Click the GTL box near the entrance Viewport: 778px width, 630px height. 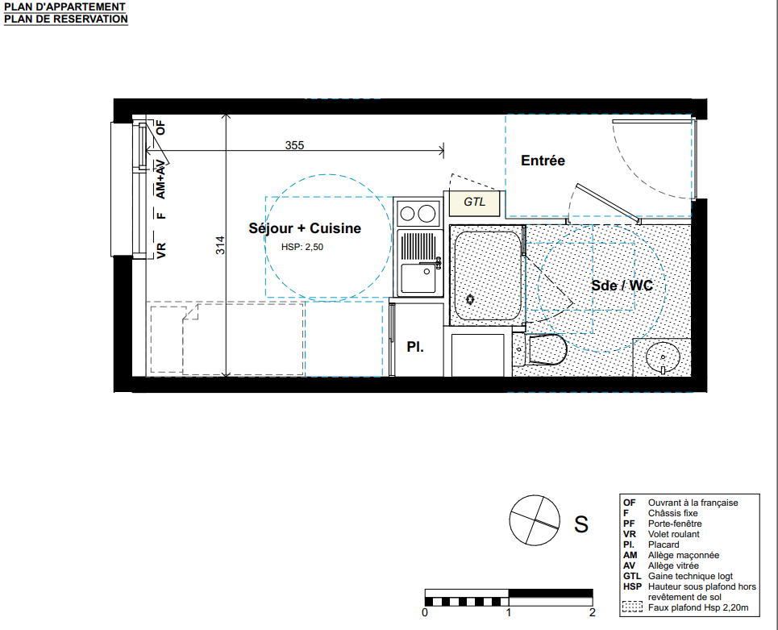pos(474,202)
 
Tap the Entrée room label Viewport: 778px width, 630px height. pos(543,161)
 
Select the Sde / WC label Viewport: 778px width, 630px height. pos(622,286)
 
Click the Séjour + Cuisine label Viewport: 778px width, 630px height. pos(305,228)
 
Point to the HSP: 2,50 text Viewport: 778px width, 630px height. pos(302,247)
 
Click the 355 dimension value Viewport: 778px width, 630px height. pos(294,145)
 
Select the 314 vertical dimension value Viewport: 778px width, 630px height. pos(220,245)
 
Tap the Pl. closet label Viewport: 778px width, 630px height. pos(415,347)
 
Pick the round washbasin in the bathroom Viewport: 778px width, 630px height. pos(663,357)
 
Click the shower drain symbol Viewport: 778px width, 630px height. pos(469,299)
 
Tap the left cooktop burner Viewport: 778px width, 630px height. pos(407,214)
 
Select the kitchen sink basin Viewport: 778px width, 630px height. pos(418,278)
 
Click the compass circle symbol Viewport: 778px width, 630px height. pos(535,520)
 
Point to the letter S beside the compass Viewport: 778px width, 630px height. pos(581,524)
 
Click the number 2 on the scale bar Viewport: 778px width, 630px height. pos(592,612)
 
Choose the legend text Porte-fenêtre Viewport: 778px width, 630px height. pos(675,524)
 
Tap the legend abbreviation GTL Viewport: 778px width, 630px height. pos(632,576)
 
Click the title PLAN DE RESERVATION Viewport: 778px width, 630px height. pos(66,19)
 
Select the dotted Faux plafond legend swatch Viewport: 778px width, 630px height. pos(632,607)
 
